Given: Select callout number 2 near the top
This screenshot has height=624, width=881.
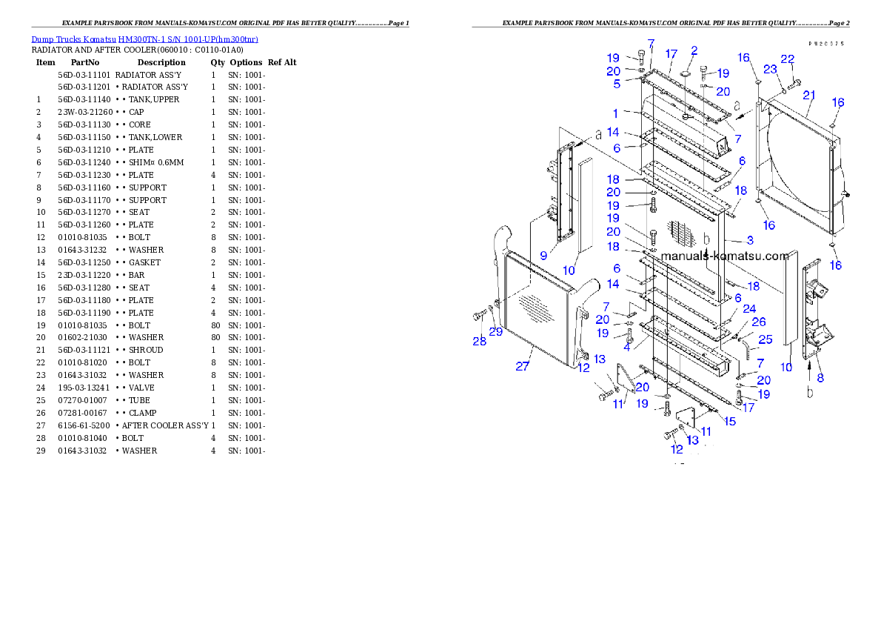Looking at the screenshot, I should tap(694, 51).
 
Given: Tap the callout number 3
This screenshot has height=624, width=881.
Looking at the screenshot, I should tap(749, 240).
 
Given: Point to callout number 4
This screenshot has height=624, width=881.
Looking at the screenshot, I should tap(627, 345).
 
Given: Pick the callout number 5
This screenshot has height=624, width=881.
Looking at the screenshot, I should tap(616, 84).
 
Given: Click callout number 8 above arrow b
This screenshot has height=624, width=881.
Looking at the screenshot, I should tap(820, 377).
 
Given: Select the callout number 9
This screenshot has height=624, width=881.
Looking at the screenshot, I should tap(543, 255).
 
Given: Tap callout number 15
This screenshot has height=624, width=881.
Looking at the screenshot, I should tap(730, 422).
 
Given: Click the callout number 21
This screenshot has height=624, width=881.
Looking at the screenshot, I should tap(808, 95).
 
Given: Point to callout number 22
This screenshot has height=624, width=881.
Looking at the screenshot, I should tap(788, 59).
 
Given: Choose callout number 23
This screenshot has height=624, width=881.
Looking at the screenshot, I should tap(771, 69).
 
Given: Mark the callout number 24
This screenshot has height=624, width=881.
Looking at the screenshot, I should tap(749, 308).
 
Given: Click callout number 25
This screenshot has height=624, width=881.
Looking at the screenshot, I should tap(766, 339).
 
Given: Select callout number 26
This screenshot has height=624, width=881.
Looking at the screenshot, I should tap(759, 322).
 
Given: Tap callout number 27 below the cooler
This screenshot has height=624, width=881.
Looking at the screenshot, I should tap(523, 366).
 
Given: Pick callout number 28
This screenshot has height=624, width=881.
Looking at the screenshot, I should tap(479, 341).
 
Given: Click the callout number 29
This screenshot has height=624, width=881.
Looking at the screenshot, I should tap(495, 332).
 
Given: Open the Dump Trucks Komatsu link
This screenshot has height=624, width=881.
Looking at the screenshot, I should tap(144, 39).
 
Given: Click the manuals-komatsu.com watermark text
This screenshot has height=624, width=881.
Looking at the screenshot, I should tap(725, 256).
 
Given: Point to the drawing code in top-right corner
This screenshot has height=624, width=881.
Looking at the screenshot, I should tap(826, 44).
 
